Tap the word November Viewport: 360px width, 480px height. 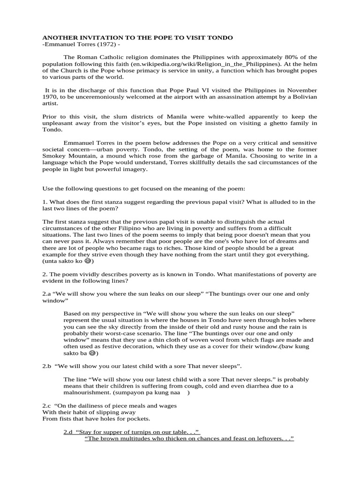click(x=302, y=90)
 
